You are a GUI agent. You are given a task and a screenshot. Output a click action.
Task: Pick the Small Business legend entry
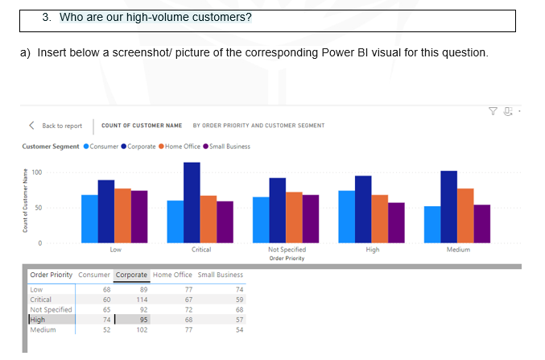pyautogui.click(x=229, y=147)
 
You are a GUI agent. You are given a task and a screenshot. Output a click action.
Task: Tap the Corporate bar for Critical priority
pyautogui.click(x=192, y=202)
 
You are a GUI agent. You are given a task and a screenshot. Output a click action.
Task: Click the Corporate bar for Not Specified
pyautogui.click(x=277, y=210)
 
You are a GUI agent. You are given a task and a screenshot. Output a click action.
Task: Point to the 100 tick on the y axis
pyautogui.click(x=37, y=172)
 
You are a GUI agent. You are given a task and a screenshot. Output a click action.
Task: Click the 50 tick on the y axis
pyautogui.click(x=37, y=208)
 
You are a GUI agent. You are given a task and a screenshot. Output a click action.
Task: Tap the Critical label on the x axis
pyautogui.click(x=201, y=250)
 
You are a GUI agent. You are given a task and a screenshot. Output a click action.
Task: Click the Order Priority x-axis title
pyautogui.click(x=287, y=257)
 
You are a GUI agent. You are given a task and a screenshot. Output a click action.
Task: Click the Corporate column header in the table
pyautogui.click(x=131, y=275)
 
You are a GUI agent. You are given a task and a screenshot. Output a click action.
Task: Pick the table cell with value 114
pyautogui.click(x=142, y=300)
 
